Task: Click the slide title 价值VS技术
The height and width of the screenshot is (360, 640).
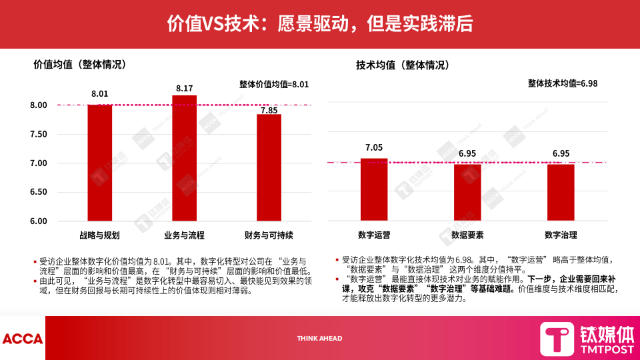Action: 320,24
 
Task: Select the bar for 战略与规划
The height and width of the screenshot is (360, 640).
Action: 99,163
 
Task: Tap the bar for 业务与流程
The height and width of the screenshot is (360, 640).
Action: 185,158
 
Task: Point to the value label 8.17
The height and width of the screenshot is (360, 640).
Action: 185,88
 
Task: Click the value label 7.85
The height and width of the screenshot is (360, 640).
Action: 269,111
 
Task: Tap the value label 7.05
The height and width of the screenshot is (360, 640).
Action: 374,148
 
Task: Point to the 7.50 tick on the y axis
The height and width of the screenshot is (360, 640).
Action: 39,134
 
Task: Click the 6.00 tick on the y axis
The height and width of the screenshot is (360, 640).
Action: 39,221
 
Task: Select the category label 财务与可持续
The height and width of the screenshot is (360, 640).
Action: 269,235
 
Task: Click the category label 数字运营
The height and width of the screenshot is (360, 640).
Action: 374,235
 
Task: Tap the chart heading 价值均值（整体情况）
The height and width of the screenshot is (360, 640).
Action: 79,65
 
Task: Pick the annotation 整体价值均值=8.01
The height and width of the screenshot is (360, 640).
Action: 274,84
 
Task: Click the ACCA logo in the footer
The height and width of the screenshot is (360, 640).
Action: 22,339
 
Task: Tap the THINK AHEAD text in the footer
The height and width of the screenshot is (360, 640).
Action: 319,339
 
